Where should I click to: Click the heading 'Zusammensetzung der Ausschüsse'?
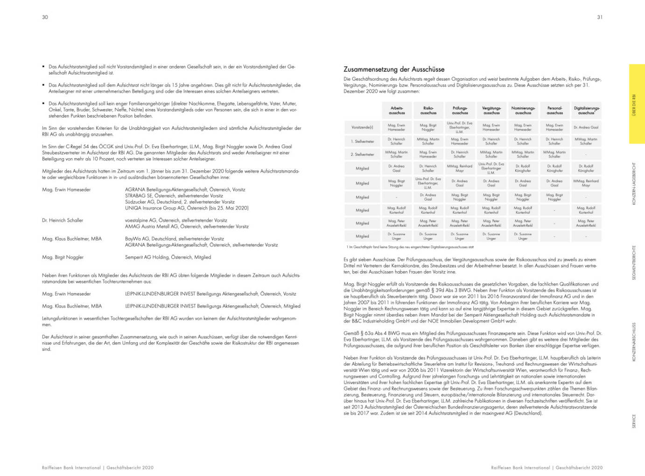point(394,69)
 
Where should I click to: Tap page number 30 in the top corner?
point(45,17)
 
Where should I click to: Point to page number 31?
point(600,17)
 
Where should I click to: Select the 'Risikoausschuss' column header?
point(428,111)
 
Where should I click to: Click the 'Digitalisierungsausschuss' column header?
point(586,111)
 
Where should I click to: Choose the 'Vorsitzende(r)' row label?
point(362,127)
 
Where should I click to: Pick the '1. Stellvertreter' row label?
point(362,141)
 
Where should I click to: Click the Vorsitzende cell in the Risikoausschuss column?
point(428,127)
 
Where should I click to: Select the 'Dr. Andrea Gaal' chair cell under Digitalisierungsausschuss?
point(586,127)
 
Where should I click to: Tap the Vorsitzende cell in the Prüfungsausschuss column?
point(460,127)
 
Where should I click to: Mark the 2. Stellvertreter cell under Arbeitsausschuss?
point(396,154)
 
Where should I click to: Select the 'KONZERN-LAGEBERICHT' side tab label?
point(634,183)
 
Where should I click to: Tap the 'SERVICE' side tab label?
point(634,421)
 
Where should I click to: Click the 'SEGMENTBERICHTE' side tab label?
point(634,262)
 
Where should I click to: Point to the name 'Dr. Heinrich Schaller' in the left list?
point(63,220)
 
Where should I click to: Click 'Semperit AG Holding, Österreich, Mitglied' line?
point(168,257)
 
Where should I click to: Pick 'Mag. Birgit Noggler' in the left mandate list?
point(63,257)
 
